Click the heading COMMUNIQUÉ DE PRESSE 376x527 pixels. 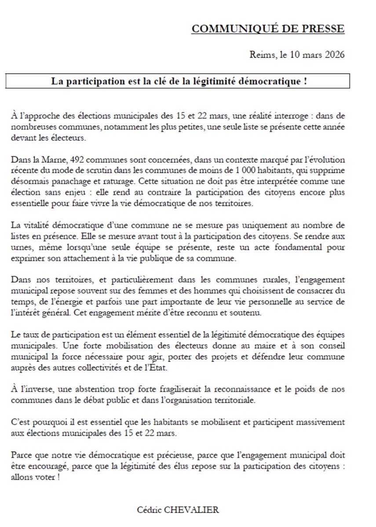pos(268,29)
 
